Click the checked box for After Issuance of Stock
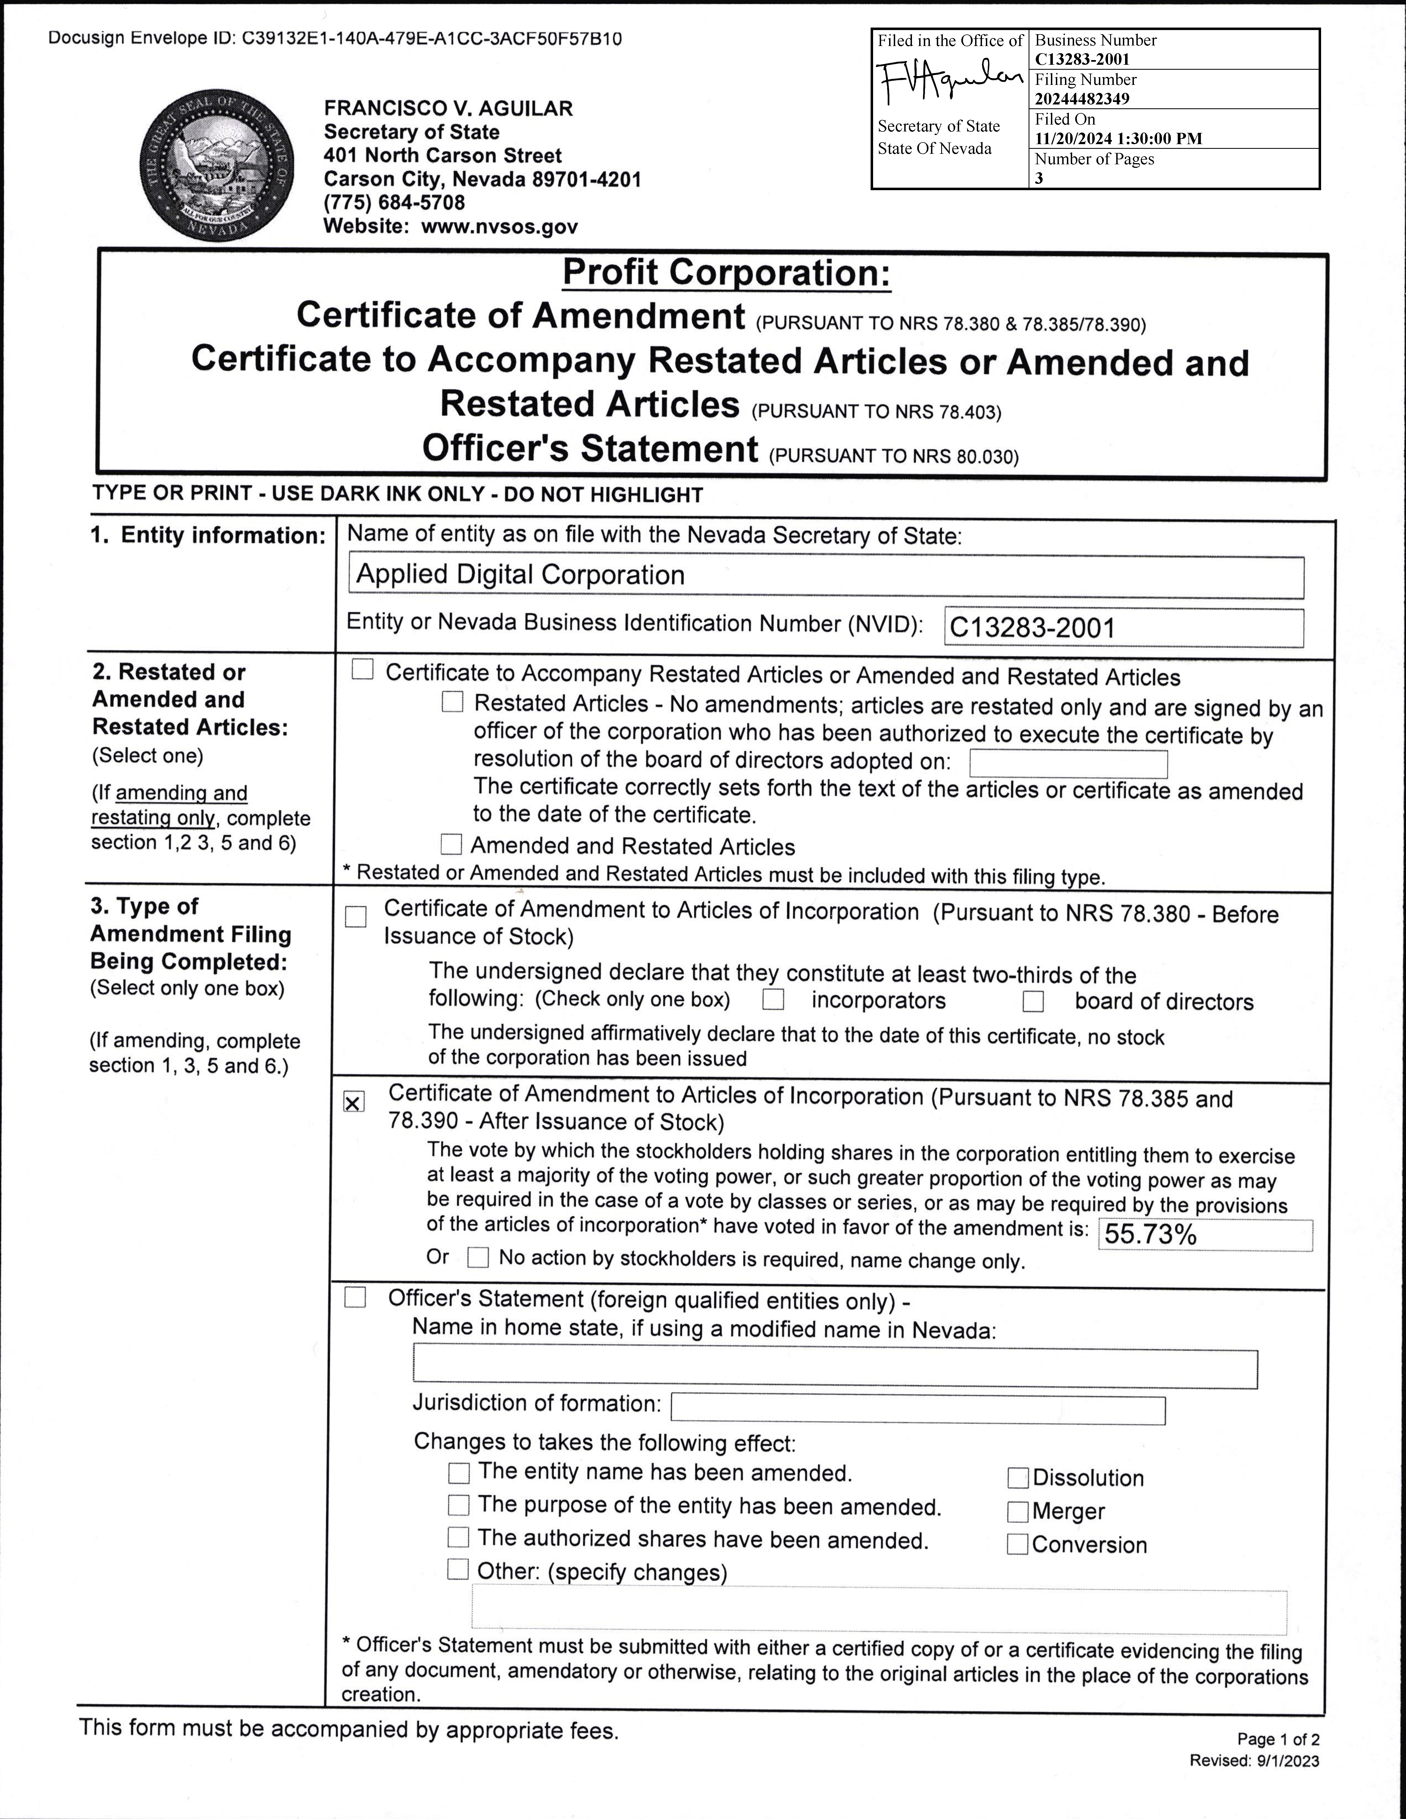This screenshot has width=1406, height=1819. click(353, 1103)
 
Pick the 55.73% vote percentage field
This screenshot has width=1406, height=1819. click(1204, 1234)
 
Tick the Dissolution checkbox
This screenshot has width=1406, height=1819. click(1018, 1478)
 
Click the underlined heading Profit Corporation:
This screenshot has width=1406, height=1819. click(726, 273)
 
